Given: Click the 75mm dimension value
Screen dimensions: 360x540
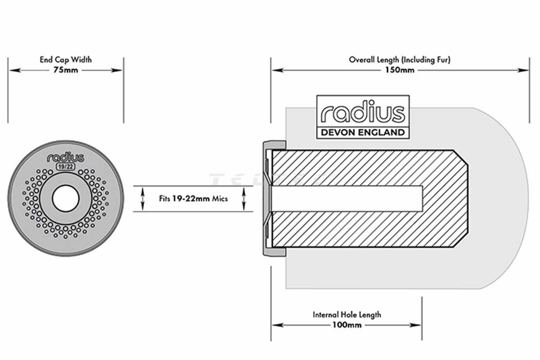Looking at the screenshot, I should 65,70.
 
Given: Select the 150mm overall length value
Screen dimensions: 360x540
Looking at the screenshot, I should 400,70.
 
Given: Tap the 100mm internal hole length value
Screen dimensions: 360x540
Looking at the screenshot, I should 346,325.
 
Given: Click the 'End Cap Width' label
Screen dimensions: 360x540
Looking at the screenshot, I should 65,59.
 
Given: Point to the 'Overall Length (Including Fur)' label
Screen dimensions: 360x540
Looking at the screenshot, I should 400,59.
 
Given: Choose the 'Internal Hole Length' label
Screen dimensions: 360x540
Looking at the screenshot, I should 346,315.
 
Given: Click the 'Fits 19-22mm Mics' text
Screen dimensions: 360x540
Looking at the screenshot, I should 193,198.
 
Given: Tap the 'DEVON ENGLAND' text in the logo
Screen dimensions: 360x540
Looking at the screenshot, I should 363,132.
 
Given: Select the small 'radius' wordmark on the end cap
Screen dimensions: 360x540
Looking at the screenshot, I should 65,157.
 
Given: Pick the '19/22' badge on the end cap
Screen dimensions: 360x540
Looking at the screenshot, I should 65,166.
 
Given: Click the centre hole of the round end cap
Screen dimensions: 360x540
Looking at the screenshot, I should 65,198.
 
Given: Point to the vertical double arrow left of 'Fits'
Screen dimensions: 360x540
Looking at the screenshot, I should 143,198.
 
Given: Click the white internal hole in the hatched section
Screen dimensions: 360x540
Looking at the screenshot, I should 346,198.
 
